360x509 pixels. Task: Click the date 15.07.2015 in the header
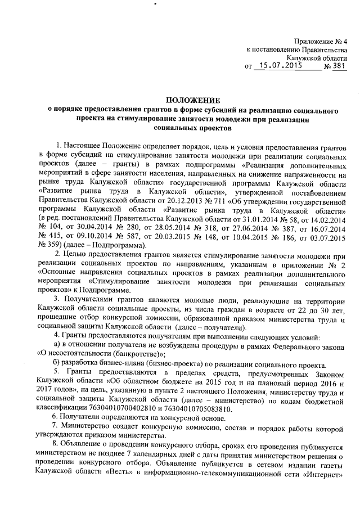pos(278,66)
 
